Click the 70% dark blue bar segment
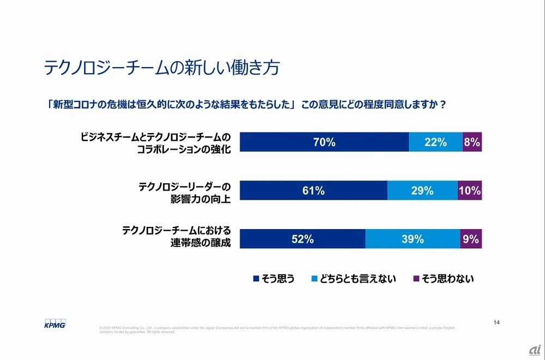tap(324, 142)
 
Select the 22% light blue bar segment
tap(435, 142)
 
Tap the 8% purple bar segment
tap(472, 142)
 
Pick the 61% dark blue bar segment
tap(313, 190)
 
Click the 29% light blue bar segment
tap(422, 190)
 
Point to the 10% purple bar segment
tap(470, 190)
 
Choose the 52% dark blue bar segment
tap(302, 239)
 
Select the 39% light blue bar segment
tap(413, 239)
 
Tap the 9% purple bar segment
tap(471, 239)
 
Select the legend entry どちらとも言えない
tap(354, 279)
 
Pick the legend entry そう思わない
tap(444, 279)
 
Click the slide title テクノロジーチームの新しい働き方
tap(162, 68)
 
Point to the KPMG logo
tap(55, 323)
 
